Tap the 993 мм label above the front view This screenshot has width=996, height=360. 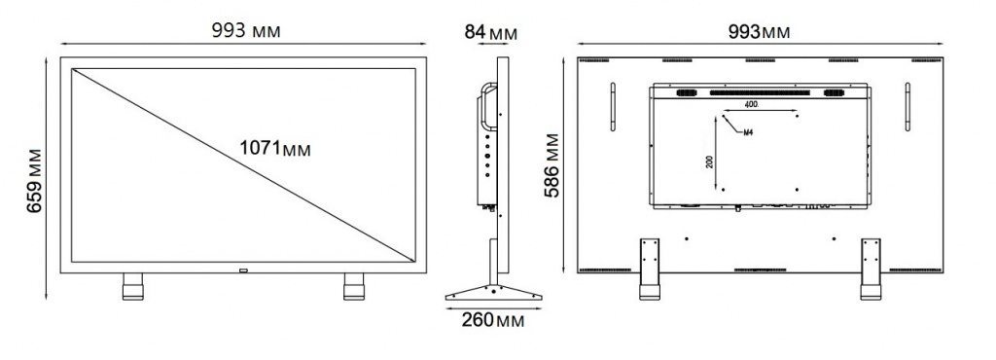[246, 31]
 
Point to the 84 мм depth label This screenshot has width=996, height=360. [491, 33]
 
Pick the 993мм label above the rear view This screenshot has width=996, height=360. [759, 31]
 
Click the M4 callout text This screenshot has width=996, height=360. [748, 131]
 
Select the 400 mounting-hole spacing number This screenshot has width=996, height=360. [751, 103]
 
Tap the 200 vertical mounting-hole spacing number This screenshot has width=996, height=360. [711, 162]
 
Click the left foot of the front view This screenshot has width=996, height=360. [133, 287]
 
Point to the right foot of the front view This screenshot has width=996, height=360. [353, 287]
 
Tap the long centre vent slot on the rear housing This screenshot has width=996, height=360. [759, 93]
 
